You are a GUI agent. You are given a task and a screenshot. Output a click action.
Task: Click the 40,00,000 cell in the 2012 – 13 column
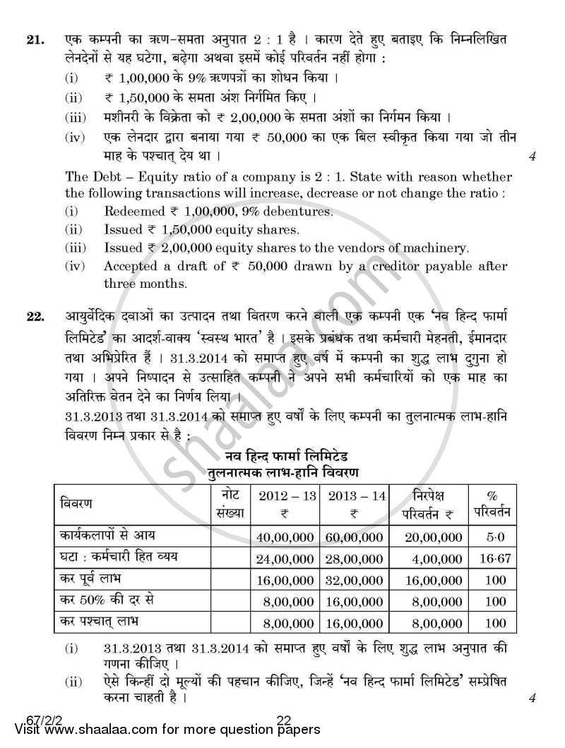pyautogui.click(x=286, y=537)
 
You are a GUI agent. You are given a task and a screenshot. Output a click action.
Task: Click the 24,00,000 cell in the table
pyautogui.click(x=286, y=557)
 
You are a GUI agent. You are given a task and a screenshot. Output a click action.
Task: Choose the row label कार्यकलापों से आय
pyautogui.click(x=107, y=537)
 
